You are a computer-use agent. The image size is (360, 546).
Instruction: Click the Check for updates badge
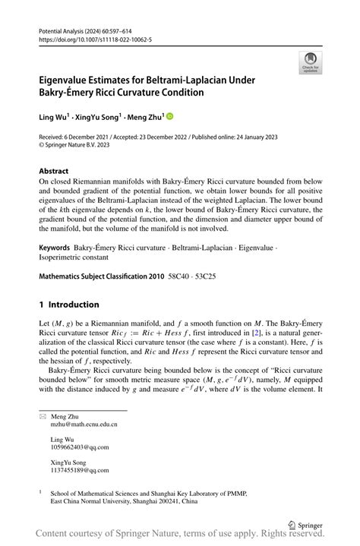pyautogui.click(x=309, y=62)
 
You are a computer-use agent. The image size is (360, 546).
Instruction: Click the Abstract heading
pyautogui.click(x=54, y=172)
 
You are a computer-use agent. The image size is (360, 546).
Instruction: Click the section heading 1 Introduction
pyautogui.click(x=69, y=305)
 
